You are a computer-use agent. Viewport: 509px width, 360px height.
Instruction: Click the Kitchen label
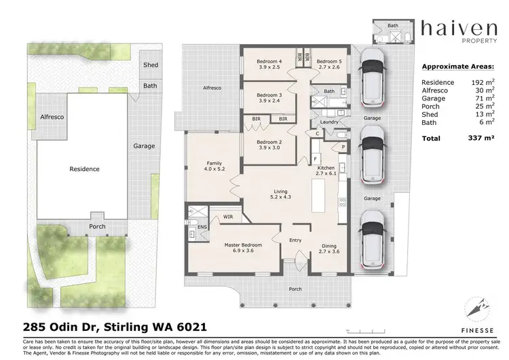point(326,167)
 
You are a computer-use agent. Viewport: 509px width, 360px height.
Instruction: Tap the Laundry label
point(329,122)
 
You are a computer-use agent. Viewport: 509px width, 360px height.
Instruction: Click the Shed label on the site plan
point(150,65)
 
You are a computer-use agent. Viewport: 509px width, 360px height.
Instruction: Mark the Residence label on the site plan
point(85,169)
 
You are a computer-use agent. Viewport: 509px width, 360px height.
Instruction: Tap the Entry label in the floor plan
point(295,240)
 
